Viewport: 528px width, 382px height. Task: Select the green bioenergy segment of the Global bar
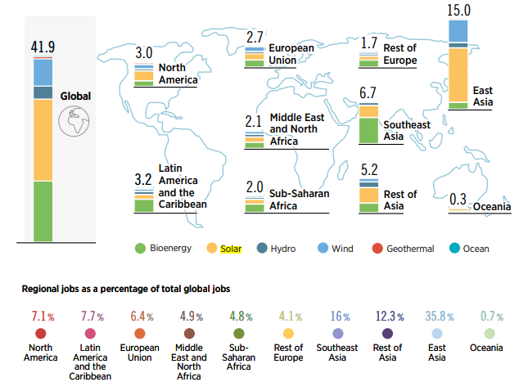pyautogui.click(x=43, y=211)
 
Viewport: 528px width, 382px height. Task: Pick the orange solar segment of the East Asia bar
pyautogui.click(x=458, y=74)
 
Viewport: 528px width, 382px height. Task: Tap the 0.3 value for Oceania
pyautogui.click(x=458, y=200)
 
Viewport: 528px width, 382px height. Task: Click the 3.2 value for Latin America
pyautogui.click(x=144, y=177)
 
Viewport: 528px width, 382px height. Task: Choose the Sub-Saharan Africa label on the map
pyautogui.click(x=291, y=200)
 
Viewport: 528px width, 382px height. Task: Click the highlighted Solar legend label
pyautogui.click(x=232, y=248)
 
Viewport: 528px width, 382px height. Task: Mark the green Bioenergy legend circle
pyautogui.click(x=140, y=248)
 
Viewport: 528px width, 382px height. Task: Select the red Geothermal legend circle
pyautogui.click(x=376, y=248)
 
